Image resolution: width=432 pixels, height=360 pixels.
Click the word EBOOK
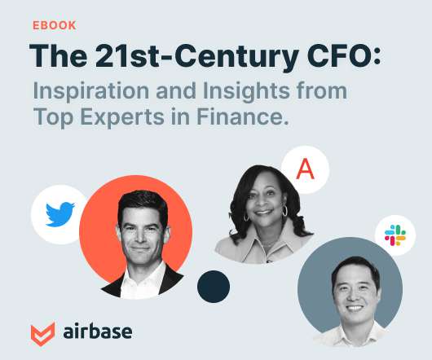55,25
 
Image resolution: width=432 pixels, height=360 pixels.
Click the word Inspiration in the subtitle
91,91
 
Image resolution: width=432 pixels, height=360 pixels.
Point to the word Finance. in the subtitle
243,116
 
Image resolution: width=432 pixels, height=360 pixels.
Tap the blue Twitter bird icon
60,214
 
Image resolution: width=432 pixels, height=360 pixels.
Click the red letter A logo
306,169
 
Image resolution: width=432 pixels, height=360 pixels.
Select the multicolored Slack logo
395,235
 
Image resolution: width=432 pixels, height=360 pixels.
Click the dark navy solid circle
214,287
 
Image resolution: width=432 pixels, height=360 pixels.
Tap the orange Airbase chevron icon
42,334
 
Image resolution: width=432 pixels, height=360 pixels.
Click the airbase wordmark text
98,331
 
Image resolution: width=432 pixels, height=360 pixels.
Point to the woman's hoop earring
284,211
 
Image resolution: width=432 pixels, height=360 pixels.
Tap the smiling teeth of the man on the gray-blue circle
355,308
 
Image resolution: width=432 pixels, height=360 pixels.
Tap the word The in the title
59,56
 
